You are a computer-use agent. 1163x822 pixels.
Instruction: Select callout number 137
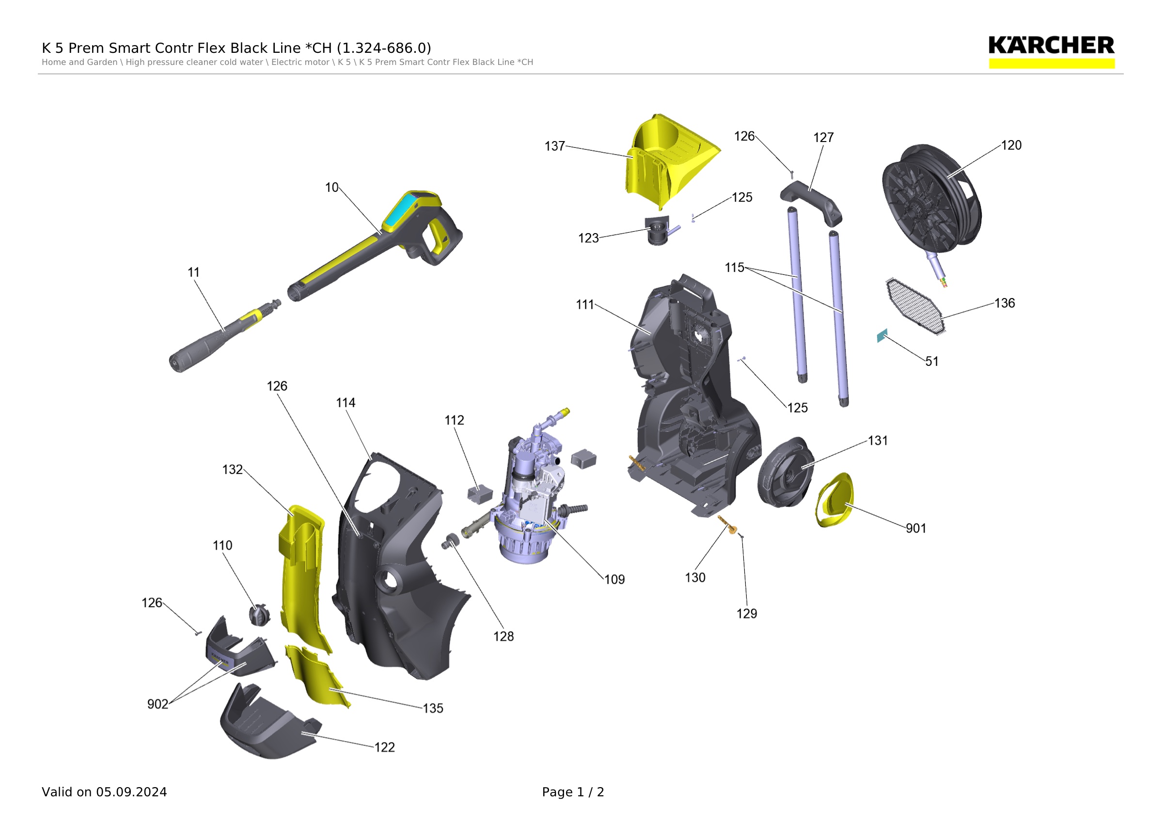[555, 146]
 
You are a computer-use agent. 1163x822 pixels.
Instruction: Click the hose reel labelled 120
[932, 199]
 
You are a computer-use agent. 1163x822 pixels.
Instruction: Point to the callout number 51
[932, 362]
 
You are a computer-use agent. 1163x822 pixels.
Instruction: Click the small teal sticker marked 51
[882, 335]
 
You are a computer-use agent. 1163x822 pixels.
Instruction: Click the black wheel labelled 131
[786, 472]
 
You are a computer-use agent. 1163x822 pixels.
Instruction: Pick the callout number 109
[614, 580]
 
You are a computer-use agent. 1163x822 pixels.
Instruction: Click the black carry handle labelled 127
[812, 203]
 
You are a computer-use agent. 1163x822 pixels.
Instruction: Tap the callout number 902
[157, 705]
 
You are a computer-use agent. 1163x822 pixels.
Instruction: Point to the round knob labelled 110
[259, 615]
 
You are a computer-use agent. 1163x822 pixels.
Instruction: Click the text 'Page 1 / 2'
[573, 792]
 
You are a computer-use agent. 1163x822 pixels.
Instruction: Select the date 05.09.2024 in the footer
[132, 792]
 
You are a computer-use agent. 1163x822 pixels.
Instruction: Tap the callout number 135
[433, 709]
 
